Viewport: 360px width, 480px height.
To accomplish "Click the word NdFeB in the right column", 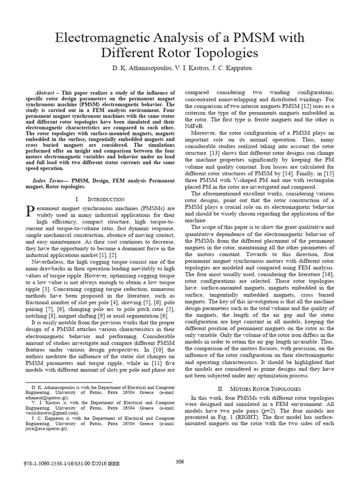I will [x=195, y=126].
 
